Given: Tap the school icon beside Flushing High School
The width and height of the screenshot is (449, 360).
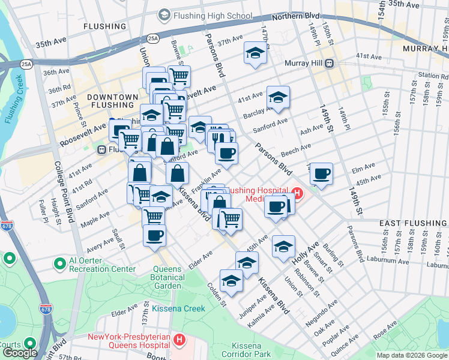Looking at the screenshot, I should [x=163, y=14].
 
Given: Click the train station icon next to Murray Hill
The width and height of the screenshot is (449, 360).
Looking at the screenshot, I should [x=329, y=63].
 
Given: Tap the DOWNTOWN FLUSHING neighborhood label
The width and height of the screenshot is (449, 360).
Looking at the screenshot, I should [x=112, y=101].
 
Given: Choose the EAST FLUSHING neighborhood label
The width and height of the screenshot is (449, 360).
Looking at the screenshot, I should [x=414, y=223].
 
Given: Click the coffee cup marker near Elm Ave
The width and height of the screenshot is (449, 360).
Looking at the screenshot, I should [x=322, y=173].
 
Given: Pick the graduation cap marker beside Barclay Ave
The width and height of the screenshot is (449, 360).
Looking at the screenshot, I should [x=278, y=97].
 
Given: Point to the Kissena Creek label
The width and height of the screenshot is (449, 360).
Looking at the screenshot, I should [x=178, y=308].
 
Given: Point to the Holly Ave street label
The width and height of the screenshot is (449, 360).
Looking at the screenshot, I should [x=306, y=256].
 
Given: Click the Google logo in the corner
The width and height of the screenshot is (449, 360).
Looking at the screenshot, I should [x=20, y=353].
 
